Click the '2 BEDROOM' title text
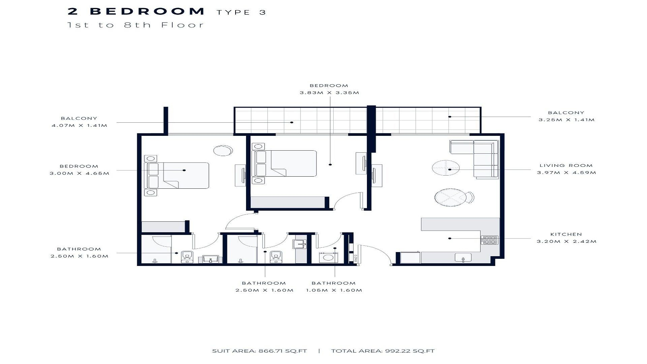pos(136,11)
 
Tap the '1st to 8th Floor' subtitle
pos(135,25)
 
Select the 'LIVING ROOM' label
pos(566,165)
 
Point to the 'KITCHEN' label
pos(566,234)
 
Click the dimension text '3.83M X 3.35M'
pos(329,93)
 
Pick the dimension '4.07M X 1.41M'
pos(79,125)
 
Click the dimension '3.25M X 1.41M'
pos(566,120)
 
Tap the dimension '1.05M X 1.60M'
pos(334,290)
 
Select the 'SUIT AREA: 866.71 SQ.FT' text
pos(259,351)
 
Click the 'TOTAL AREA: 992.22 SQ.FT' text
pos(383,351)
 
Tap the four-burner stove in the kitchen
pos(489,240)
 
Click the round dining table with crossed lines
pos(451,198)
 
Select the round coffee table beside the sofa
pos(446,168)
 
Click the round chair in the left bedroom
pos(223,150)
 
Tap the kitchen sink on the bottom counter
pos(463,257)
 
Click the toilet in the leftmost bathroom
pos(187,256)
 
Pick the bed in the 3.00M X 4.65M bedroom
pos(177,175)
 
